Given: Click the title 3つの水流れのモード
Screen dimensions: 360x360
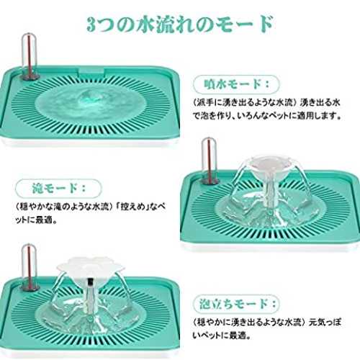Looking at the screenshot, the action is click(180, 24).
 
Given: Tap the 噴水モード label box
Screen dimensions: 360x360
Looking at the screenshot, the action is click(236, 84).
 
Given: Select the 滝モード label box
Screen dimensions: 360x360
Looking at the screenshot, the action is click(58, 189).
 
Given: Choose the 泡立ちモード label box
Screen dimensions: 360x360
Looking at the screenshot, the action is click(237, 304).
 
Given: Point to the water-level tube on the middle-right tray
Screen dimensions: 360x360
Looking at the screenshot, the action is click(209, 160).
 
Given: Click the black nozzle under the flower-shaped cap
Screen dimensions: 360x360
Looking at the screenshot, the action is click(89, 283).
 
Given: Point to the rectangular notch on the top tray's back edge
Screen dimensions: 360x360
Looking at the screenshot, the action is click(92, 72).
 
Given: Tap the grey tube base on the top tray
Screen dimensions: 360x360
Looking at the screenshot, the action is click(30, 76).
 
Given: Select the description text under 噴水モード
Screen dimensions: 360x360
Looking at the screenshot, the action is click(267, 109).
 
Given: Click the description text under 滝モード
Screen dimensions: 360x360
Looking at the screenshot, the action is click(90, 213).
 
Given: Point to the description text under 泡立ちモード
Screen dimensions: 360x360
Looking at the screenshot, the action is click(266, 328).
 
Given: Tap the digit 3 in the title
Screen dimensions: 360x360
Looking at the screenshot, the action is click(91, 25).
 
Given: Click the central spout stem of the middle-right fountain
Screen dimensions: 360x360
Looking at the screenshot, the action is click(270, 192).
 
